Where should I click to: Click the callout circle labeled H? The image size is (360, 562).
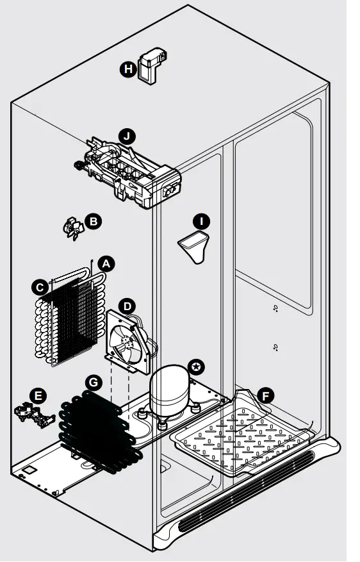[128, 69]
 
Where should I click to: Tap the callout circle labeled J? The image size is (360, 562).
[128, 136]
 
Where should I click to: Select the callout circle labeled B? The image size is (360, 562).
[93, 221]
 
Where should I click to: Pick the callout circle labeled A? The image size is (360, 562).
[107, 263]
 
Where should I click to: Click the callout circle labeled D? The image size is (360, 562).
[127, 306]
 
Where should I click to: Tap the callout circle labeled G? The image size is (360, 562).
[94, 383]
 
